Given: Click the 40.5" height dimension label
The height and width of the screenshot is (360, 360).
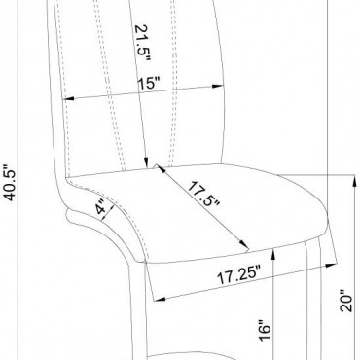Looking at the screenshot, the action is click(11, 183).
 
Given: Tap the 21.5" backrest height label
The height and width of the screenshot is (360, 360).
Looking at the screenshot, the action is click(142, 43).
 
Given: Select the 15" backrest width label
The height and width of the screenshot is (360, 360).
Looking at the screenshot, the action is click(149, 84).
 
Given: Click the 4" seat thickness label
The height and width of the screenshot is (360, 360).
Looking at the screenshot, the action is click(101, 207).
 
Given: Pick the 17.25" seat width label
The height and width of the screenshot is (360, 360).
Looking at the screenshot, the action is click(239, 275).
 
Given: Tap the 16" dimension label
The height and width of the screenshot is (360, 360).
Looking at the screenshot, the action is click(265, 330).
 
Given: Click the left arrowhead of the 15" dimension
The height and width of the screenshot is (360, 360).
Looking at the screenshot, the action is click(69, 98).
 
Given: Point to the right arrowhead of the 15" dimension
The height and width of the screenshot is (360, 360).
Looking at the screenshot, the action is click(217, 87).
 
